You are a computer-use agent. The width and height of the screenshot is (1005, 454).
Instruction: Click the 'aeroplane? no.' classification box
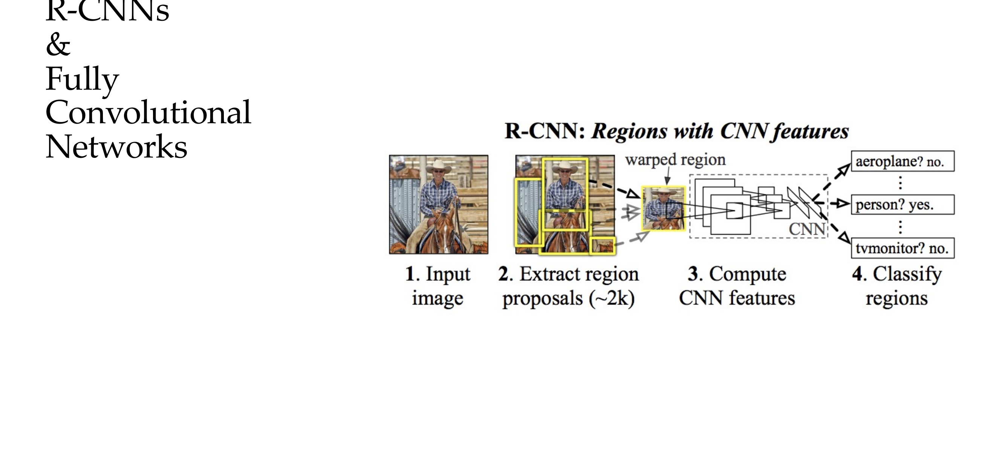(902, 161)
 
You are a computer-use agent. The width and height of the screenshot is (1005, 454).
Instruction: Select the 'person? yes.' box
(902, 204)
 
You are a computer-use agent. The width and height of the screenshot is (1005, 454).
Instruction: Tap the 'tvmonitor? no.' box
(902, 248)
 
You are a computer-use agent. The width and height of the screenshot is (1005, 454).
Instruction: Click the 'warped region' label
(675, 160)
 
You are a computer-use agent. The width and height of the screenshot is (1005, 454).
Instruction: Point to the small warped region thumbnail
(663, 208)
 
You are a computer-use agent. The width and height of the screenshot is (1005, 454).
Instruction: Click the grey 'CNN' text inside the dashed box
(807, 229)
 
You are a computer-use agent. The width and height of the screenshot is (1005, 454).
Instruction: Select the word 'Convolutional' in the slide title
(148, 112)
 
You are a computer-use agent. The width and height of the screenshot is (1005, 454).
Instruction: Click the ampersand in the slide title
(58, 44)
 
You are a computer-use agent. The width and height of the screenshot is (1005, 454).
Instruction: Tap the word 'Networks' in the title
(116, 147)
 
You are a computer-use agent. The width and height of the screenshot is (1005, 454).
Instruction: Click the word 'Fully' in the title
(82, 79)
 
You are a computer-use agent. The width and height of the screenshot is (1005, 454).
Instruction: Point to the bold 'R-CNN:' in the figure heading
(545, 131)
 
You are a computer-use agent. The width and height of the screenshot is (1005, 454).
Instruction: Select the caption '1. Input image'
(438, 286)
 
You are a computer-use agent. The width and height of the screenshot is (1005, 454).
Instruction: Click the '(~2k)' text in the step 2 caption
(612, 298)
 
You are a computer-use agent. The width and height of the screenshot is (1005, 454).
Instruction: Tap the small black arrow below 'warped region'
(667, 180)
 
